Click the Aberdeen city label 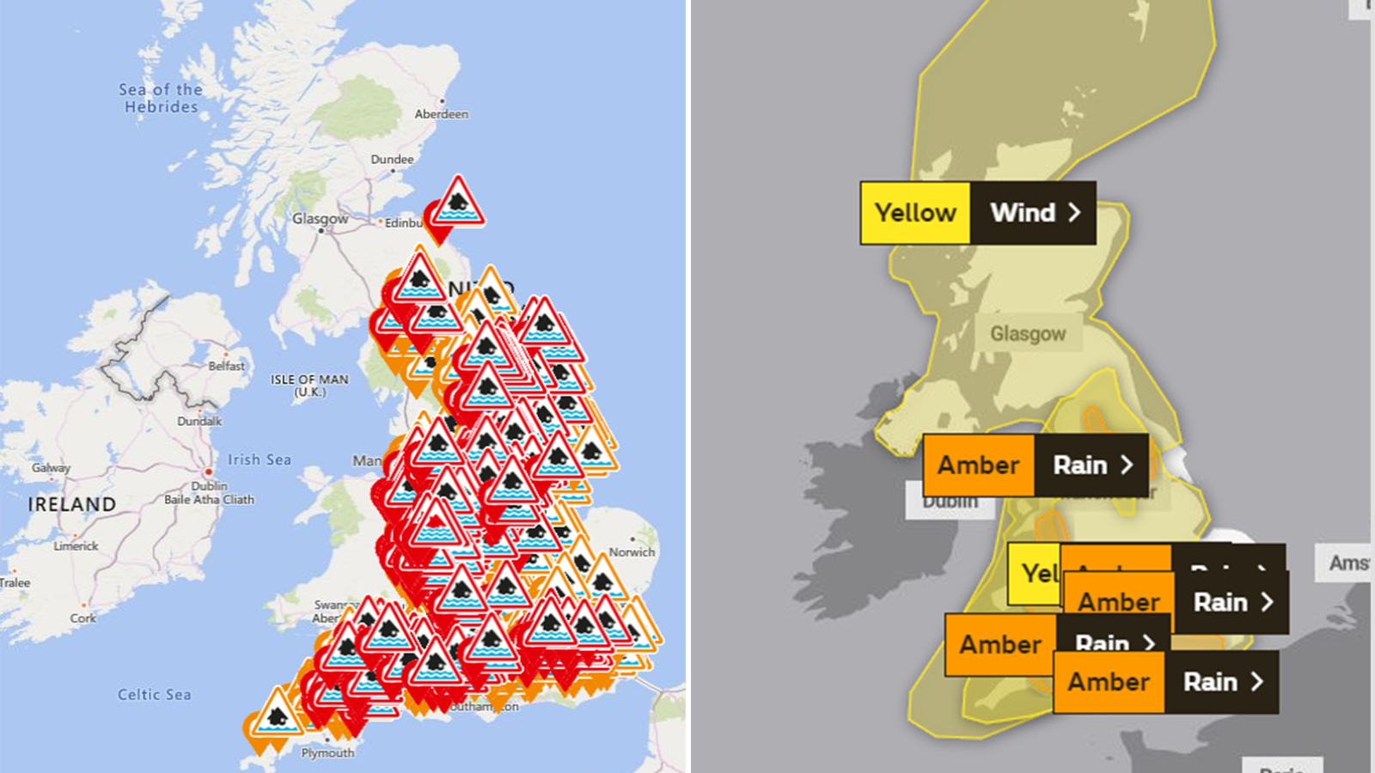441,114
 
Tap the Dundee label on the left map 392,160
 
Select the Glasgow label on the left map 320,219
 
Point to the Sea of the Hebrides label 161,98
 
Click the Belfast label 226,366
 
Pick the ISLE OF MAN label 309,385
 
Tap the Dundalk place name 199,421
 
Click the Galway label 51,468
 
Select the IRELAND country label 71,504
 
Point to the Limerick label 76,545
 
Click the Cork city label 82,618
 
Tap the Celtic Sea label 155,694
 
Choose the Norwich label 632,552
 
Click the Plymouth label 327,753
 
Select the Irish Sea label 259,460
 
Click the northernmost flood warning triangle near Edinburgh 458,203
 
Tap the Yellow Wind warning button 978,213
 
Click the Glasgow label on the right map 1028,333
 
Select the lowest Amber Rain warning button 1165,682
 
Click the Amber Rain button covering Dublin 1036,466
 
